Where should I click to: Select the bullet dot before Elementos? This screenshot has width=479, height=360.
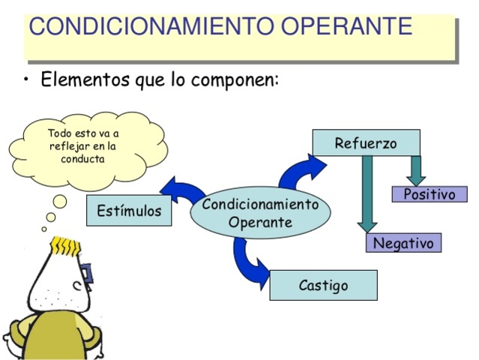click(x=28, y=80)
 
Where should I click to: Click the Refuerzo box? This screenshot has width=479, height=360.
click(x=366, y=143)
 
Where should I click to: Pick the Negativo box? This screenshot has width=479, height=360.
click(x=404, y=243)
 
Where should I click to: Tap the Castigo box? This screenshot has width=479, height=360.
click(x=323, y=285)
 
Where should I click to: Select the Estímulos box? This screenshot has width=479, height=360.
click(x=129, y=211)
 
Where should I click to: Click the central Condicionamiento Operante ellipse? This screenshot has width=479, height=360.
click(x=260, y=213)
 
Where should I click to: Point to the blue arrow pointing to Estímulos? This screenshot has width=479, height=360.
click(x=180, y=190)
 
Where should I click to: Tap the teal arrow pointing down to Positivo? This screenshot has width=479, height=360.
click(x=417, y=169)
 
